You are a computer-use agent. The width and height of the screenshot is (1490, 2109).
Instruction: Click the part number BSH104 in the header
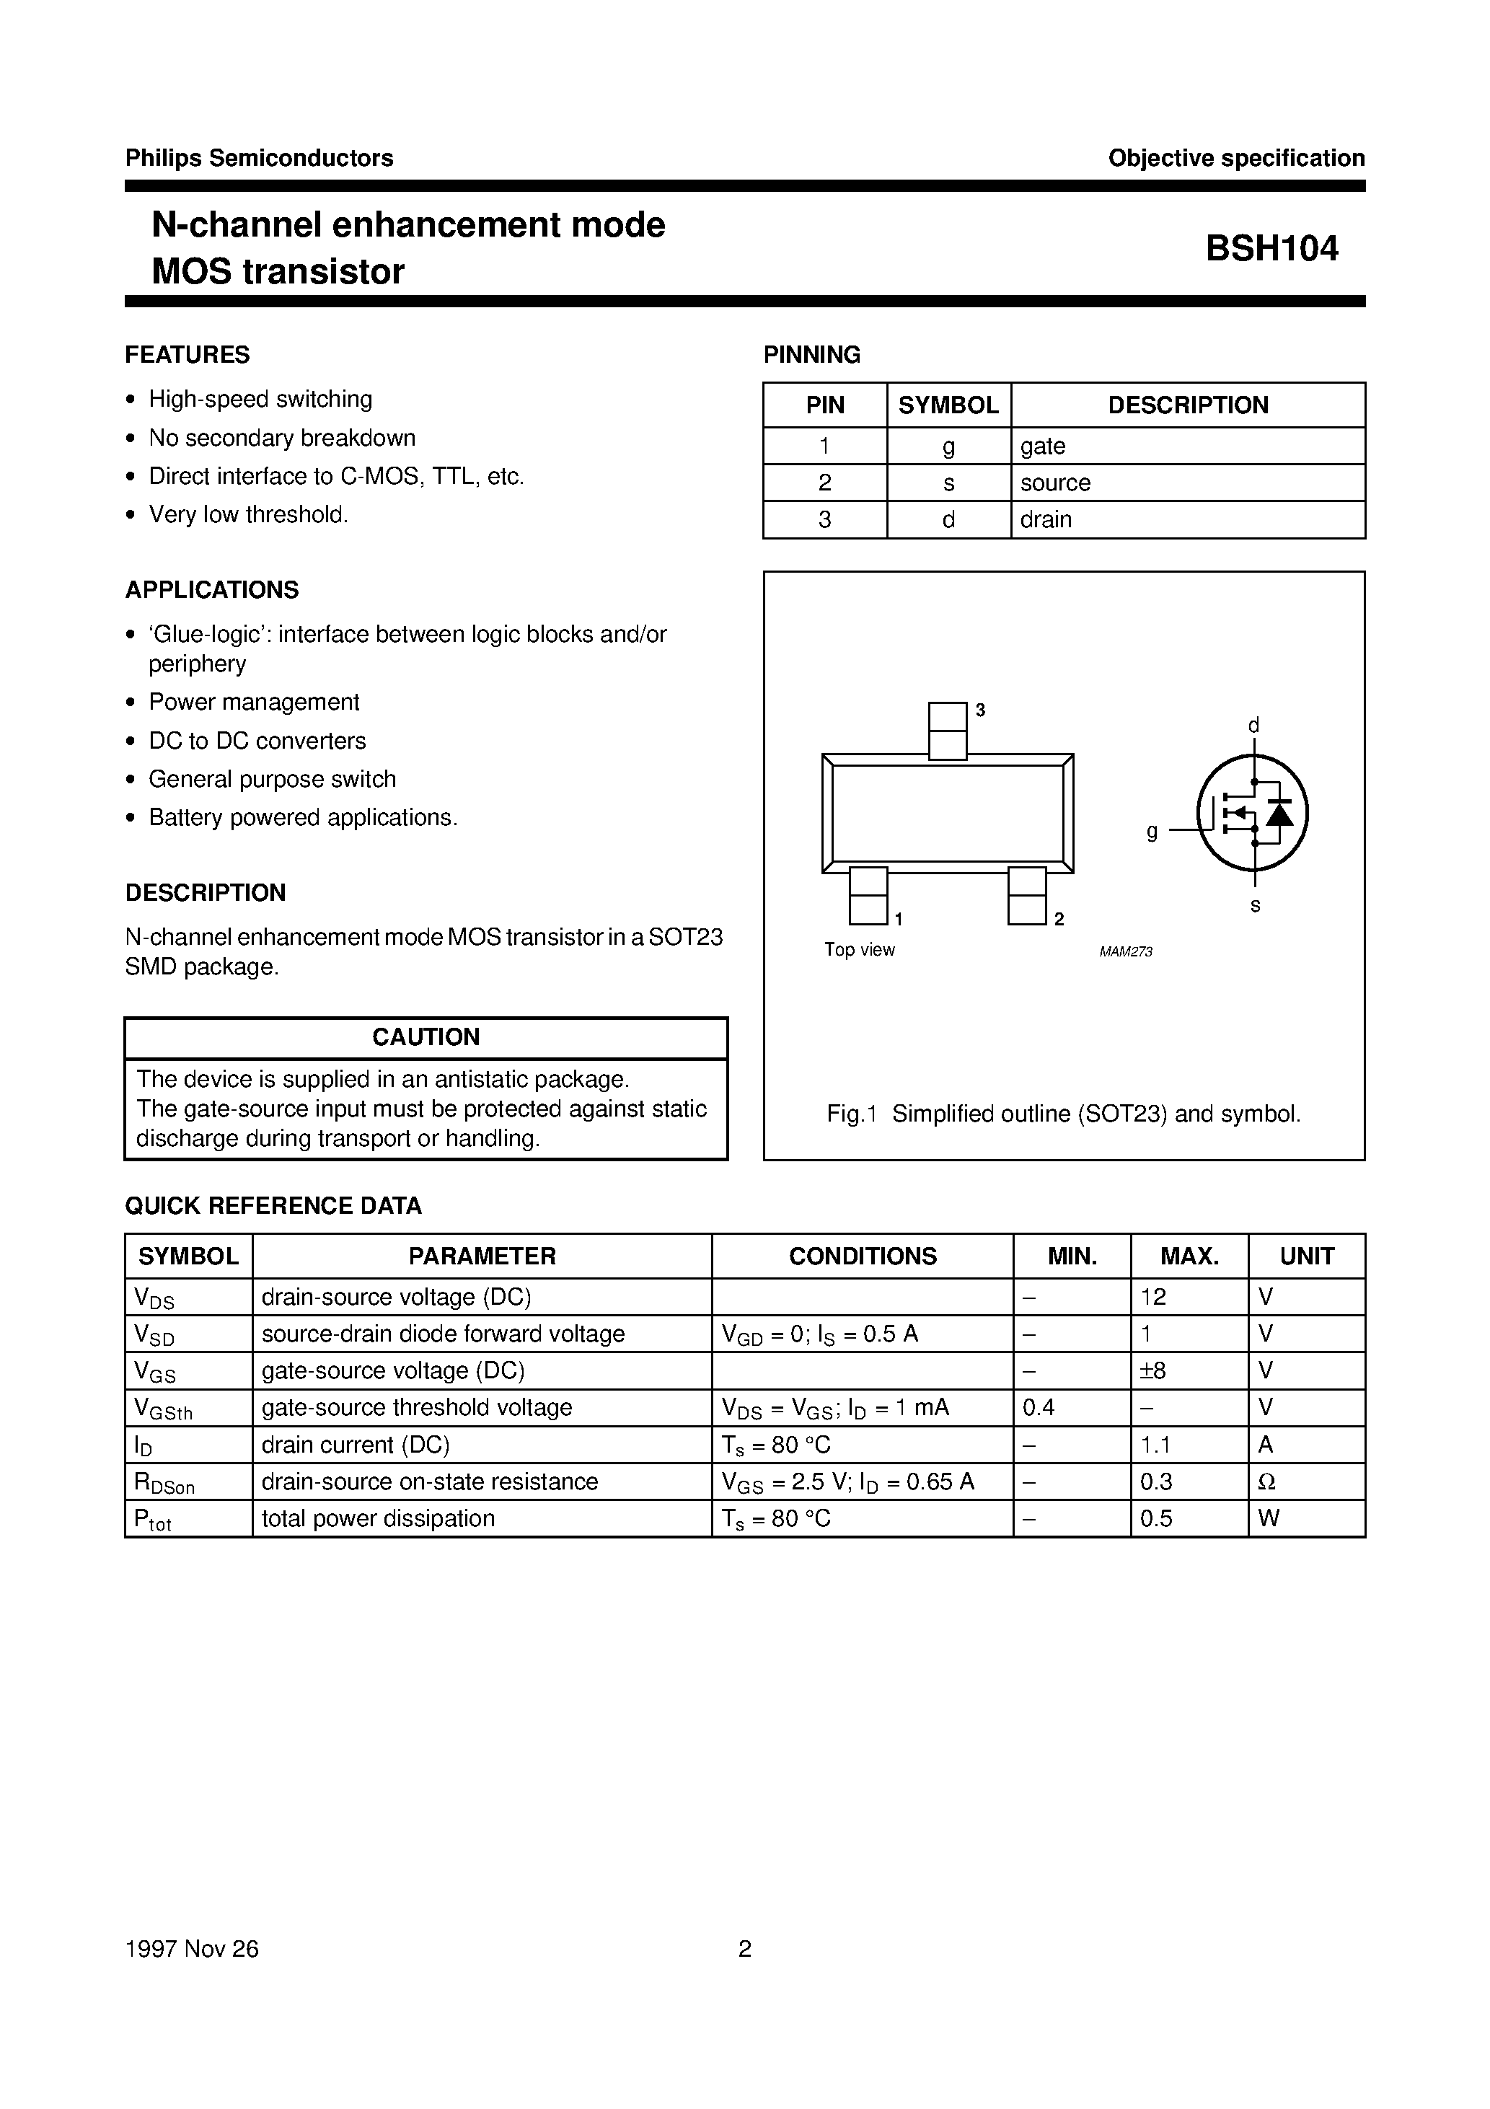coord(1271,249)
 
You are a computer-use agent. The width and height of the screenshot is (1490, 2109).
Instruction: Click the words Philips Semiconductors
coord(259,158)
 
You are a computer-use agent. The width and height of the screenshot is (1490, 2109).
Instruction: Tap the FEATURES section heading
coord(188,355)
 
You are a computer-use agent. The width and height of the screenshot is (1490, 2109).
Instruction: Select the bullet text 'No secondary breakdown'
coord(282,438)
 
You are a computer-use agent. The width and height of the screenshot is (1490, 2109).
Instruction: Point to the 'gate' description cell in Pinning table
coord(1043,446)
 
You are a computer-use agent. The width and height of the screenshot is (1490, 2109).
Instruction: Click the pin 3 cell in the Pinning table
coord(824,520)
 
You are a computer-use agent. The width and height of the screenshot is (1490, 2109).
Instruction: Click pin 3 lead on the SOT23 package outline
coord(947,730)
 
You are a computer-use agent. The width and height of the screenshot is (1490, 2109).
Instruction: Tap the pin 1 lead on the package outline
coord(868,896)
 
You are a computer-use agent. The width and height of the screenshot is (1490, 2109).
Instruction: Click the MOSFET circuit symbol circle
coord(1252,813)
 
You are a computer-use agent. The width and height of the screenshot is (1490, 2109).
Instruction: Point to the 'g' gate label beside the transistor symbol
coord(1152,832)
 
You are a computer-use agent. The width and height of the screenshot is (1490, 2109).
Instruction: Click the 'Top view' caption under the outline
coord(859,950)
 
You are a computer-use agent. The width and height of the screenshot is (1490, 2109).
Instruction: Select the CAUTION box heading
coord(426,1037)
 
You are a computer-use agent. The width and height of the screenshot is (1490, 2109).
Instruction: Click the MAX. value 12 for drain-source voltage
coord(1153,1297)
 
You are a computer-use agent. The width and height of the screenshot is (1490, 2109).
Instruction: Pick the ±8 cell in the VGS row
coord(1153,1370)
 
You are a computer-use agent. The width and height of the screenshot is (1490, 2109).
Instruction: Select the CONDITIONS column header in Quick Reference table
coord(862,1256)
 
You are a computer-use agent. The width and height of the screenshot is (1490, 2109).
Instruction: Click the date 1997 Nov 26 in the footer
coord(192,1949)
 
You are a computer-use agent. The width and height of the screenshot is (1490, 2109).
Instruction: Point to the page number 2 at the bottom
coord(744,1949)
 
